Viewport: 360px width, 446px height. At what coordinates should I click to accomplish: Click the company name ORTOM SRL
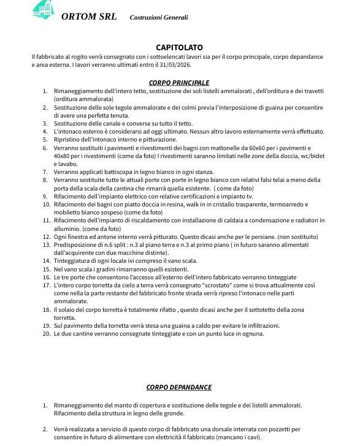pos(89,17)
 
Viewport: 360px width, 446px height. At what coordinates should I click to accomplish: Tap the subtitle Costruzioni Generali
pos(159,18)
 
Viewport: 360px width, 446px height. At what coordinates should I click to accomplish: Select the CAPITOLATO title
pos(179,47)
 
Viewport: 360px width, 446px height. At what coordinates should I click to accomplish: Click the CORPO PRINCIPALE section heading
pos(179,83)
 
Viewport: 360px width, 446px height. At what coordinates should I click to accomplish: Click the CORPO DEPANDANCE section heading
pos(179,387)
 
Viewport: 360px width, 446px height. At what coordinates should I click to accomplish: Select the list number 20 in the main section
pos(45,334)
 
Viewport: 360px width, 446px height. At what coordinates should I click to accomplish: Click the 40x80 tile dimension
pos(63,156)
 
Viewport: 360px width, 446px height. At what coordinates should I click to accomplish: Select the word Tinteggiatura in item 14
pos(74,261)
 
